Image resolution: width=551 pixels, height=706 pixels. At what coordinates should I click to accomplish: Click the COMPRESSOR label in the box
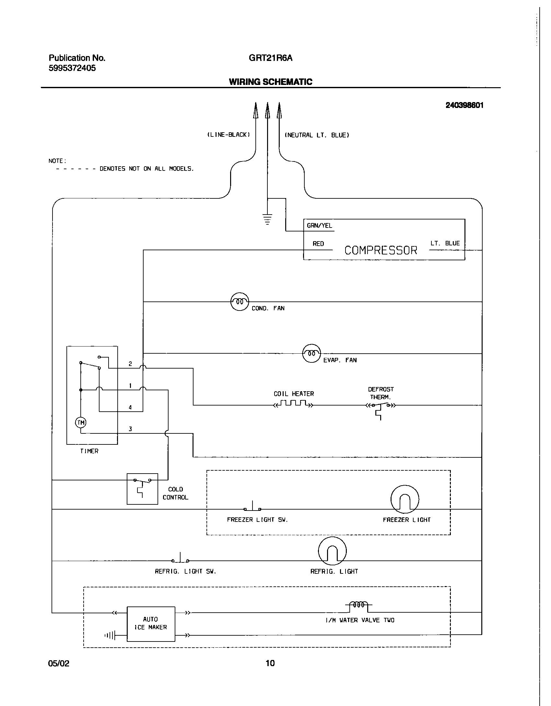coord(381,250)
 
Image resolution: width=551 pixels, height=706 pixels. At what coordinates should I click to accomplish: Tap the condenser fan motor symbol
coord(239,302)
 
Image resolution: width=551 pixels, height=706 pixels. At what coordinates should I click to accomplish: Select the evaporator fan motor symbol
coord(311,353)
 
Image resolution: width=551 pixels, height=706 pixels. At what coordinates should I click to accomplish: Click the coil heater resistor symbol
coord(293,404)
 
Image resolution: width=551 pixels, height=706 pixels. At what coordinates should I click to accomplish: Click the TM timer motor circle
coord(81,422)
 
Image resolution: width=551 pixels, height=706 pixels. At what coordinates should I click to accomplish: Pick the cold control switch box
coord(142,489)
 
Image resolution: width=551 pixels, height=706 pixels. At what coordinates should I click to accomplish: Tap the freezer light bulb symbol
coord(405,499)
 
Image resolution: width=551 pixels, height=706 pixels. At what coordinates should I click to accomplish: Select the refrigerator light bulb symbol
coord(332,551)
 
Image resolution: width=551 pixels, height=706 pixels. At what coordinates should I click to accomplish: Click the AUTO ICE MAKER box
coord(151,623)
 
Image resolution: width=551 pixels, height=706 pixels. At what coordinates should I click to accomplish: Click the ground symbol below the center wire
coord(267,219)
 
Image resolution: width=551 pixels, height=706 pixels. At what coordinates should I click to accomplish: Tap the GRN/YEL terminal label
coord(319,226)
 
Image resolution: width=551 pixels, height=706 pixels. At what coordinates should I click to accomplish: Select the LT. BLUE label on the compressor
coord(445,243)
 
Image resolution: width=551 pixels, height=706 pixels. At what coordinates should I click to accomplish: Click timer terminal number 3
coord(130,429)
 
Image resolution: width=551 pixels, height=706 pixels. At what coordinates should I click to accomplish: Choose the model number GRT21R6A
coord(270,58)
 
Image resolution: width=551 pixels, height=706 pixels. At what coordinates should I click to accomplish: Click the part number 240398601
coord(464,105)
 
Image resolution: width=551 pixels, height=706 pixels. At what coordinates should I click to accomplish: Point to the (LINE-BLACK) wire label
coord(229,135)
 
